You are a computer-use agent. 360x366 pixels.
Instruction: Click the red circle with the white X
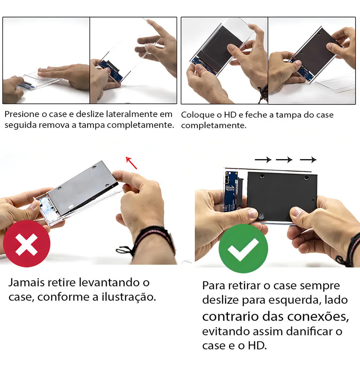coord(26,244)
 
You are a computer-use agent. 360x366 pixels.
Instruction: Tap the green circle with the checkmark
coord(243,249)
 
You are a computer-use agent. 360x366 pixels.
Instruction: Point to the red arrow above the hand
coord(131,163)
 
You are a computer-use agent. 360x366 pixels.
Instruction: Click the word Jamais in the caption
coord(26,283)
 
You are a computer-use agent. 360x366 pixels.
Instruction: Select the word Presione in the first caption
coord(22,114)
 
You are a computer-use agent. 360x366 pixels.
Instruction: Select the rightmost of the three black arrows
coord(308,160)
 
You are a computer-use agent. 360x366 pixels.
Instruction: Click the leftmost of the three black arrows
coord(263,160)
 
